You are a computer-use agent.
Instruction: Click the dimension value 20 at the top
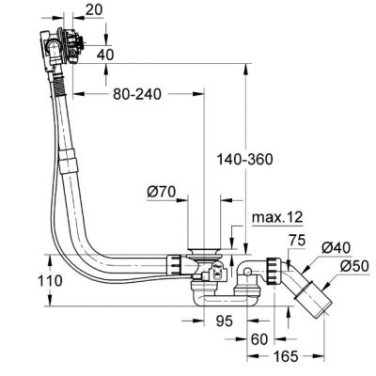pos(94,12)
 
